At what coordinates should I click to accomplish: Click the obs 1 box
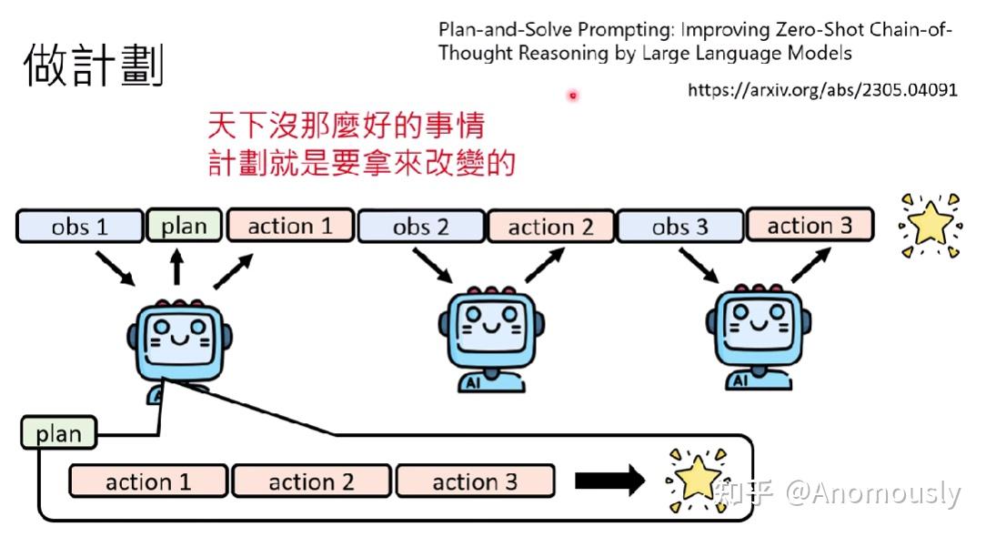click(x=79, y=227)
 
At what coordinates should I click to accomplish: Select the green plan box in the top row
click(x=184, y=226)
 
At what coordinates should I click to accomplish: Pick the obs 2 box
click(x=421, y=227)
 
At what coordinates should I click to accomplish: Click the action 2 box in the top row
click(x=550, y=227)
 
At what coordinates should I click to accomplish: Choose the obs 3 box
click(x=679, y=227)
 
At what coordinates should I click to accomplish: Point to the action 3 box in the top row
click(x=810, y=226)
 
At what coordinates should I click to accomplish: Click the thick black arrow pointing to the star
click(x=609, y=481)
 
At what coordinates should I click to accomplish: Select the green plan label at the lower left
click(x=58, y=434)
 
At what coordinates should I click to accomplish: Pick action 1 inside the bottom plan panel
click(x=148, y=481)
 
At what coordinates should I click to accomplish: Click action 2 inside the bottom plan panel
click(x=311, y=481)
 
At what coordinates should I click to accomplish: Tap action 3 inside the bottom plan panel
click(x=475, y=481)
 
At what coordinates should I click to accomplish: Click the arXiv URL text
click(x=822, y=90)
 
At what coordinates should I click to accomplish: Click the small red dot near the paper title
click(x=573, y=95)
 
